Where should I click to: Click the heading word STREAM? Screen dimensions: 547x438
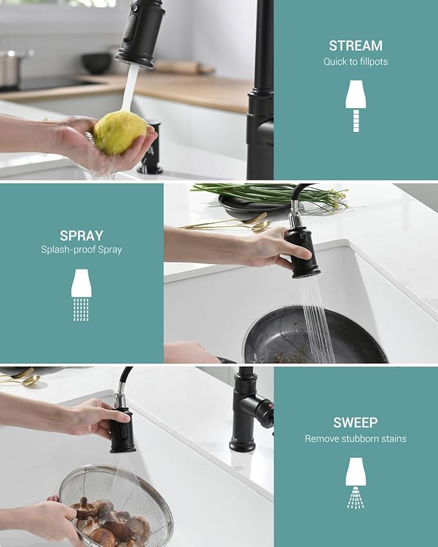click(x=355, y=46)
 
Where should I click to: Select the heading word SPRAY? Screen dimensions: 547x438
click(x=81, y=236)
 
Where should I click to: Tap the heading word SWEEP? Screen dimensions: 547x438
click(x=355, y=423)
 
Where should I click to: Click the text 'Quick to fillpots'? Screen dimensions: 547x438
click(x=355, y=62)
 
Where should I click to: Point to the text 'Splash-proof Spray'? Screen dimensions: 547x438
click(x=81, y=249)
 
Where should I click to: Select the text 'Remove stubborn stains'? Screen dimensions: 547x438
click(x=355, y=439)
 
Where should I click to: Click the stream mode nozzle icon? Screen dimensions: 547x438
click(x=355, y=105)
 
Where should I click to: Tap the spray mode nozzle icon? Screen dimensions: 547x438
click(x=81, y=294)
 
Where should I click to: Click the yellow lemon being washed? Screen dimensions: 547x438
click(x=119, y=131)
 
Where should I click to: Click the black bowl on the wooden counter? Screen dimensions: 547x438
click(x=97, y=62)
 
